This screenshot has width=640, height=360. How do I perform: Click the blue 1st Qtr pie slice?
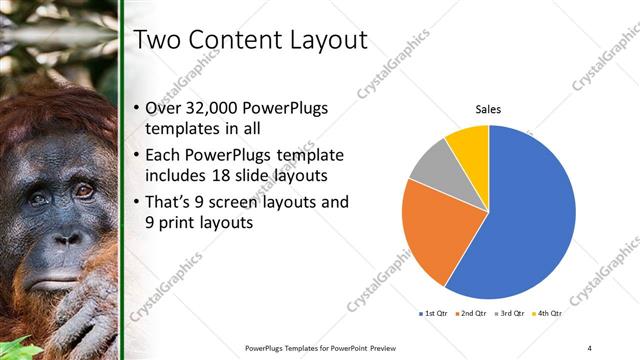[530, 220]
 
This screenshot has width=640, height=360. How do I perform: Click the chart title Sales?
[487, 109]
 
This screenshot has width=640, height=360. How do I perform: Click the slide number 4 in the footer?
[589, 347]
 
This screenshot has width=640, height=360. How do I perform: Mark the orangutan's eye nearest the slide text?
[83, 189]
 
